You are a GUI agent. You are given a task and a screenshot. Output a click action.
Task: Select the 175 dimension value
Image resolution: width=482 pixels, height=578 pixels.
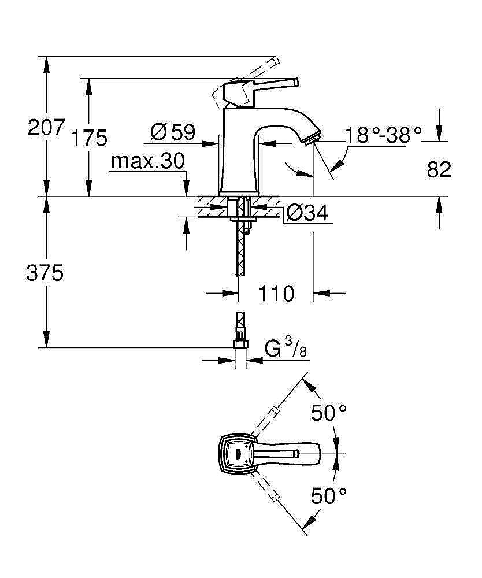coord(90,138)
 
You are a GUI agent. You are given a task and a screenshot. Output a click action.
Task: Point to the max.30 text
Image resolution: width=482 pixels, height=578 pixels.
coord(148,161)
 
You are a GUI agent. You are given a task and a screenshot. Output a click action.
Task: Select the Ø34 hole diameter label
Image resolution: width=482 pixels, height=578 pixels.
coord(307,213)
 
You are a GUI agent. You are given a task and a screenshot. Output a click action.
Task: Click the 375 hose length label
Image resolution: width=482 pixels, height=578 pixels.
coord(45,273)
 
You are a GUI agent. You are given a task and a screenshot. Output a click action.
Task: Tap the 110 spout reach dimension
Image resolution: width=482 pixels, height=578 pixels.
coord(276,293)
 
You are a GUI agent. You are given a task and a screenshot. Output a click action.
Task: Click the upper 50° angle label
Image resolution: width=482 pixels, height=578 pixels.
coord(329,413)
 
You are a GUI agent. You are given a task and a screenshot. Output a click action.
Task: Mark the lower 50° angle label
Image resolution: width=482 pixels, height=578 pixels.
coord(329,495)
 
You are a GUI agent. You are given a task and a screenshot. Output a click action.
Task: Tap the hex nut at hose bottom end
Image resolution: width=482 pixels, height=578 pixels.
coord(240,344)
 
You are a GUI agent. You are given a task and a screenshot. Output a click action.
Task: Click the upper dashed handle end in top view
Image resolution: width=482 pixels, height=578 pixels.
coord(275,412)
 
